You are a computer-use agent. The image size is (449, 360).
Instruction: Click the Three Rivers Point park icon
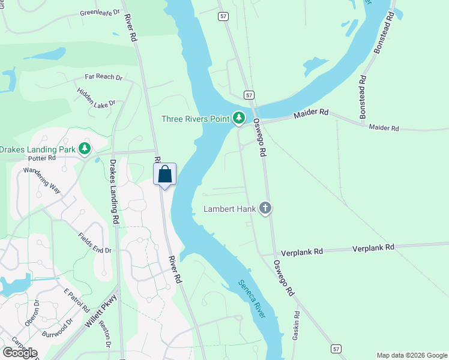click(x=240, y=118)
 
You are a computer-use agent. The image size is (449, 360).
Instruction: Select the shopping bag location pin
click(x=165, y=175)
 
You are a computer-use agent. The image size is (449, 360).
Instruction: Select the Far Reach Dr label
click(x=103, y=77)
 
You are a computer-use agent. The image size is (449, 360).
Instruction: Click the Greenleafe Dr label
click(x=100, y=11)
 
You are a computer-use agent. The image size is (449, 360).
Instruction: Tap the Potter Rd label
click(x=41, y=158)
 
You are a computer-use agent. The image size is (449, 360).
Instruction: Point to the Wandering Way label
click(x=43, y=179)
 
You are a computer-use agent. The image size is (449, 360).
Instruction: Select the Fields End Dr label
click(x=95, y=242)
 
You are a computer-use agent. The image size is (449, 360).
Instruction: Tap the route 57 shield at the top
click(x=223, y=16)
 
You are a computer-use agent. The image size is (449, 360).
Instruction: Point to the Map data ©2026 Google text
click(x=412, y=355)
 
